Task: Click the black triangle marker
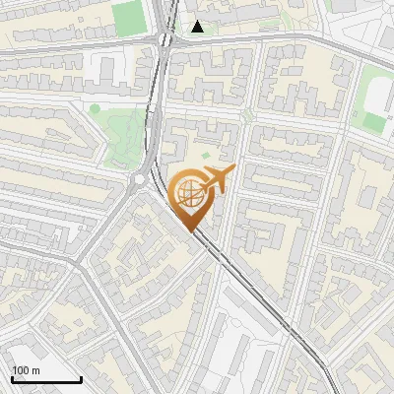[199, 27]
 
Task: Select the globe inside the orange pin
[188, 193]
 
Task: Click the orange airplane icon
[217, 180]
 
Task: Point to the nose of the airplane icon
[231, 172]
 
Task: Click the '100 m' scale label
[26, 370]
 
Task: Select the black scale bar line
[46, 380]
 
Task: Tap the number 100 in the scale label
[21, 370]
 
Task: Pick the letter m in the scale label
[35, 371]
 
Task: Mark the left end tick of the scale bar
[13, 378]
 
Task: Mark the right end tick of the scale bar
[81, 378]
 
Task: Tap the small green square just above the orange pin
[205, 156]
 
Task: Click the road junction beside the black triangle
[164, 39]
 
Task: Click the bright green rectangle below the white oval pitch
[373, 122]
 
